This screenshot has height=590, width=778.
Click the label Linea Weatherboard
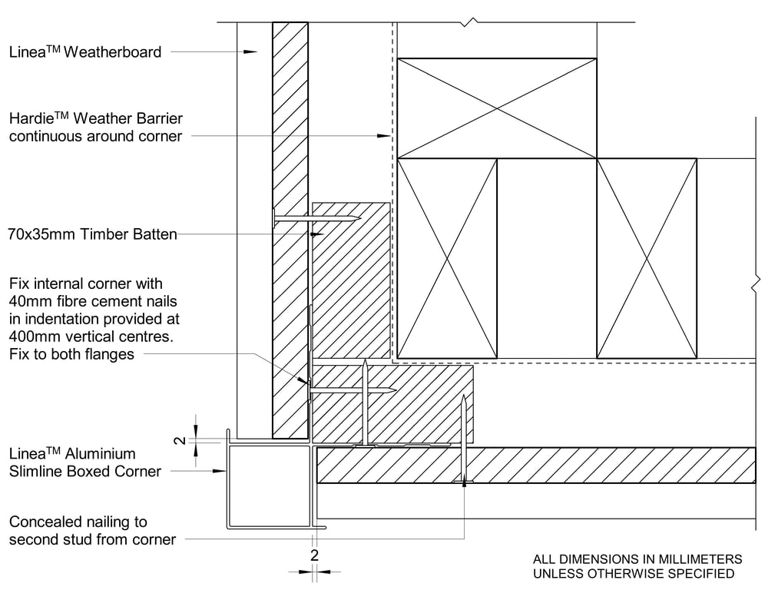(x=85, y=52)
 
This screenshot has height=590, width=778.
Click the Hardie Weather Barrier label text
(x=96, y=128)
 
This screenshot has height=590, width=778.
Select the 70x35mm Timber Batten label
(x=92, y=234)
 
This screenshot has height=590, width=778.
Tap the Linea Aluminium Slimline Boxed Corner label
(x=84, y=462)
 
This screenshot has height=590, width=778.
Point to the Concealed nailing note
(x=92, y=530)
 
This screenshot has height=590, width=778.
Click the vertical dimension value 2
(x=179, y=439)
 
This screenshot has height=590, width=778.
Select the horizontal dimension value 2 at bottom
(x=313, y=555)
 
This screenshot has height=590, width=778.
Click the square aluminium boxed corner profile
(x=269, y=486)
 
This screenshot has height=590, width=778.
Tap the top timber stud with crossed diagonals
(x=496, y=108)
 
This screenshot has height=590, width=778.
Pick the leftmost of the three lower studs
(x=447, y=258)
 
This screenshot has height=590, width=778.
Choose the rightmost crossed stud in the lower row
(x=647, y=258)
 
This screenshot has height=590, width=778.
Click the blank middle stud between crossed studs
(x=547, y=258)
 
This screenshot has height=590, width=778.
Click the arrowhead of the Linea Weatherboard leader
(x=251, y=52)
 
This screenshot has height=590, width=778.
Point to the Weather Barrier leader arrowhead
(x=385, y=137)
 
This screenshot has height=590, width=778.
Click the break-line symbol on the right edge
(x=757, y=283)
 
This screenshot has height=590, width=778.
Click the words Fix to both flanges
(x=71, y=354)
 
